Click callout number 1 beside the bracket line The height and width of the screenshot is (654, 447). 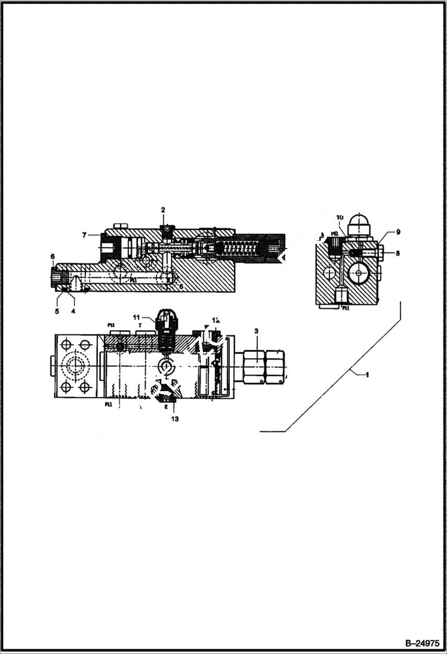tap(368, 374)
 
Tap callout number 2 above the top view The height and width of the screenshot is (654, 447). tap(162, 210)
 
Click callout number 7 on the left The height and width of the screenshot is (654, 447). tap(85, 235)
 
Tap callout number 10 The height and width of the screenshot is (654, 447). tap(340, 217)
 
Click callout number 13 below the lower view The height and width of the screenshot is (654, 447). tap(174, 419)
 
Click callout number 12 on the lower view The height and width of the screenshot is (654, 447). tap(216, 321)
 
